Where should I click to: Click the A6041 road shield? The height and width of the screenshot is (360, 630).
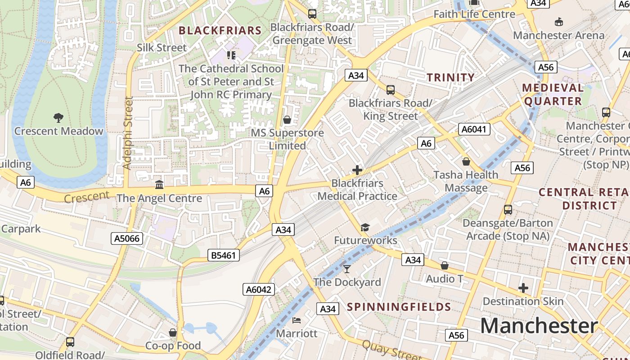(474, 130)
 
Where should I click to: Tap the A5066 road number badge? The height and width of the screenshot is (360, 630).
(127, 238)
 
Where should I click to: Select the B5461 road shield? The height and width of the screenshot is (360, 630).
(224, 256)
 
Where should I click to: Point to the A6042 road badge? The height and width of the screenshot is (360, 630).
(259, 289)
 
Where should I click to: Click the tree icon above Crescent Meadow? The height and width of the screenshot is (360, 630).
(58, 118)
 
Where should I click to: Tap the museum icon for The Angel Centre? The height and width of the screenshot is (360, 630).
(159, 184)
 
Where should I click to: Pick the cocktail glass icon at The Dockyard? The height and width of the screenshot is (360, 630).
(346, 269)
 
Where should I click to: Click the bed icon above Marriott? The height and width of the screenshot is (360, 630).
(297, 320)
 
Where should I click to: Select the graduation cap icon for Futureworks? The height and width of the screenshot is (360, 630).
(365, 228)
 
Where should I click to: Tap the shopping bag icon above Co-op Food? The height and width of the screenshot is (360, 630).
(173, 333)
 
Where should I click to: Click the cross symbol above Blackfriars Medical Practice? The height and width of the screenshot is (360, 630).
(357, 170)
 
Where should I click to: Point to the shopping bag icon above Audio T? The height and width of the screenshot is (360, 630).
(445, 266)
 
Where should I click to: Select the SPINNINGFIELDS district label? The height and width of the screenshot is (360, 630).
(399, 307)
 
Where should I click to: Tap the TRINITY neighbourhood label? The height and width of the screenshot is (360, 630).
(451, 77)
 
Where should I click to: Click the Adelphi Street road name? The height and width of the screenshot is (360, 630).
(128, 133)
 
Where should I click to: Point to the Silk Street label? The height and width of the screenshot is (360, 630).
(162, 48)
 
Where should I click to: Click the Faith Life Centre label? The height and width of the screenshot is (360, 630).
(474, 14)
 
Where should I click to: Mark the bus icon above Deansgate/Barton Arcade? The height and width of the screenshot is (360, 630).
(508, 210)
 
